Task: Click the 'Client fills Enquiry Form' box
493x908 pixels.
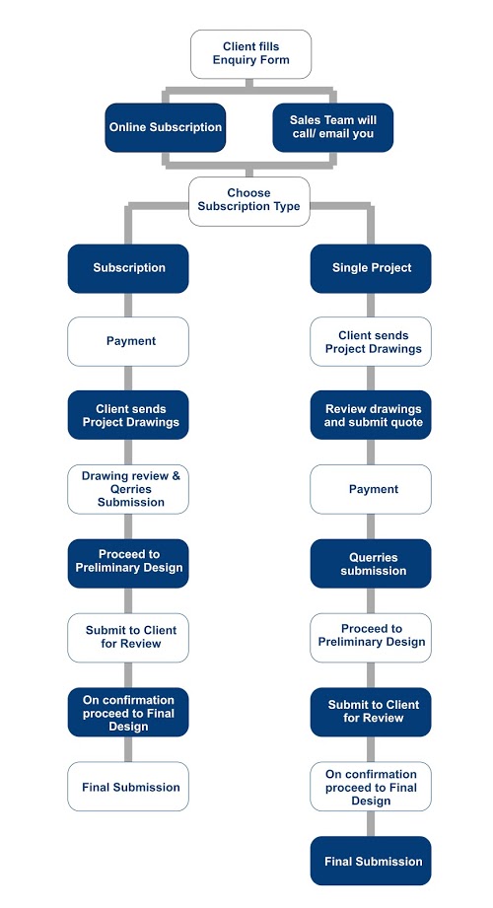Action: click(x=250, y=54)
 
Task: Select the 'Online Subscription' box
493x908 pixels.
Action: click(x=165, y=127)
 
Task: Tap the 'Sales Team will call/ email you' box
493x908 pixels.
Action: click(x=333, y=127)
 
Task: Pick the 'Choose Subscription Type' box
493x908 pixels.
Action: click(x=249, y=201)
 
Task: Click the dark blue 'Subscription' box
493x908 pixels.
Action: click(x=128, y=268)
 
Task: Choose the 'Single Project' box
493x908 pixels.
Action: click(x=371, y=268)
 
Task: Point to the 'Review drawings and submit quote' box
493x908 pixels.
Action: click(x=371, y=415)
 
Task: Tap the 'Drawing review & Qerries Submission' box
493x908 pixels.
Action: click(x=128, y=489)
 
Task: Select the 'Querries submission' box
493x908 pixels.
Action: click(x=371, y=564)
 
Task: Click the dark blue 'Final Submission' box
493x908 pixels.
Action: click(x=371, y=861)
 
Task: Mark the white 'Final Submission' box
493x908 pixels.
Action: click(x=128, y=787)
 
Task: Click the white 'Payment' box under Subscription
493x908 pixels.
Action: click(x=128, y=342)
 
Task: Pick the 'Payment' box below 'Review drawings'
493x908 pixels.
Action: click(x=371, y=489)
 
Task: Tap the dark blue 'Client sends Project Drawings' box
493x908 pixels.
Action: click(x=128, y=415)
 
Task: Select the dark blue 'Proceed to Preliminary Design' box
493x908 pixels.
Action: click(x=128, y=564)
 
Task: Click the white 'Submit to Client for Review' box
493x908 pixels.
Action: click(x=128, y=638)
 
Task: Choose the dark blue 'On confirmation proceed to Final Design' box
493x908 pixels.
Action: click(x=128, y=712)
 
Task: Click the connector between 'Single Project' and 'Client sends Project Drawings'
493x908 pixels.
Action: click(x=371, y=306)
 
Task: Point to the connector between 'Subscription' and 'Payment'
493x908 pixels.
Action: click(x=128, y=306)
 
